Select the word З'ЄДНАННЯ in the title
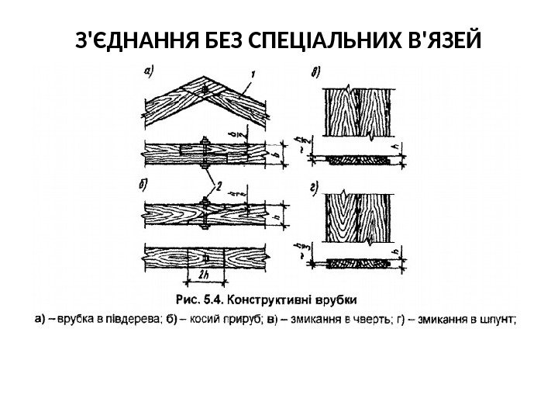(x=128, y=39)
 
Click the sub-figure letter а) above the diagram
(x=148, y=71)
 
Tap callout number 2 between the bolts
(x=219, y=185)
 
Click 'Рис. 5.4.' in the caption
(x=201, y=299)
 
